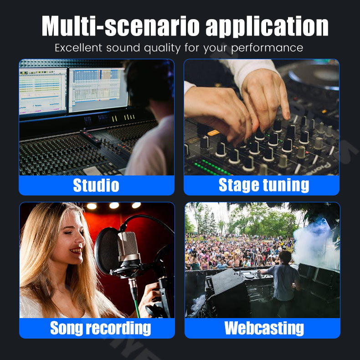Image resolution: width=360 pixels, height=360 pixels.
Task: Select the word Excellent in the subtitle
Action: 78,48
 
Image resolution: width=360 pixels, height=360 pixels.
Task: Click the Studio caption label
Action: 96,185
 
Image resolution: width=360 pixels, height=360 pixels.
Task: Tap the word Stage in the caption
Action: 239,185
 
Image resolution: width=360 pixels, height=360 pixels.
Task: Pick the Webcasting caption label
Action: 264,328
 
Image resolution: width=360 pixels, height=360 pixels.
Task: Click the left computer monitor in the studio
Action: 43,92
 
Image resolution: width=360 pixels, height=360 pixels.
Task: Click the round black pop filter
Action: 106,251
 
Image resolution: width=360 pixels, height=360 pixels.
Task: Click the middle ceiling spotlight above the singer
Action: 114,206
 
